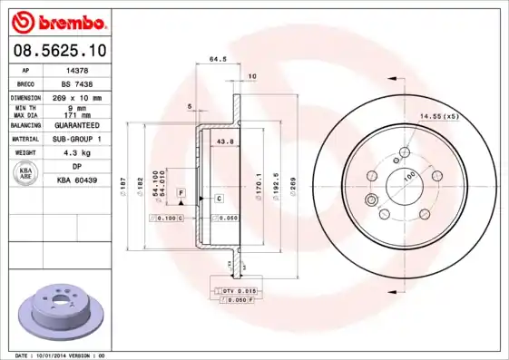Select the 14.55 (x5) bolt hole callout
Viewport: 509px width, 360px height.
point(438,117)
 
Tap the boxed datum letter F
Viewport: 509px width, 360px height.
point(181,194)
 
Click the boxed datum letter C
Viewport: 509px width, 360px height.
point(219,198)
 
